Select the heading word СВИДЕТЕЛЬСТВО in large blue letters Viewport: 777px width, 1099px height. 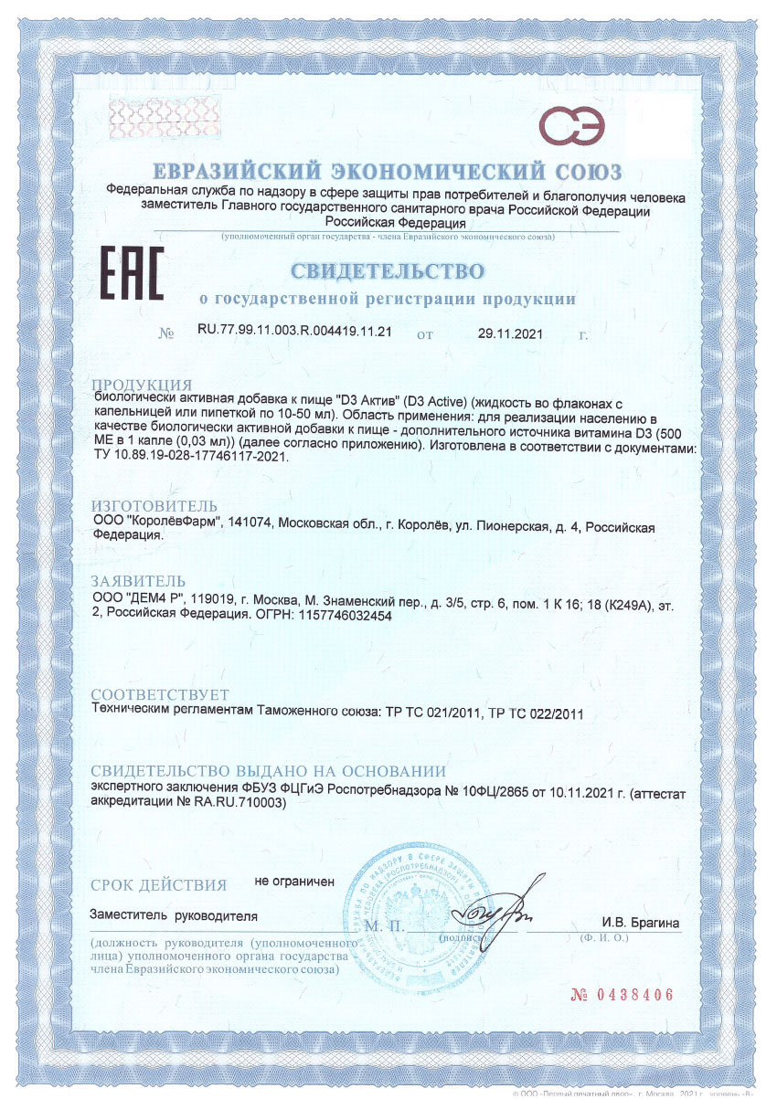click(388, 270)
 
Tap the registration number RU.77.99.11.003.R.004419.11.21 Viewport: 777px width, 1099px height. click(294, 333)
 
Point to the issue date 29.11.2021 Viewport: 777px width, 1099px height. click(510, 333)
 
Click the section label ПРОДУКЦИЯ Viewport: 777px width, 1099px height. click(142, 384)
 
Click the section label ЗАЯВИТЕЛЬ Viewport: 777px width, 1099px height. click(139, 581)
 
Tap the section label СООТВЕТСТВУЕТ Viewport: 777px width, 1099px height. click(160, 695)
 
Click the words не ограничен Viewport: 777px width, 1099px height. click(294, 882)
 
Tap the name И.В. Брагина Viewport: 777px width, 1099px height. click(640, 923)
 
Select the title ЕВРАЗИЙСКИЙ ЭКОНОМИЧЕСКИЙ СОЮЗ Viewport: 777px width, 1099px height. click(388, 172)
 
